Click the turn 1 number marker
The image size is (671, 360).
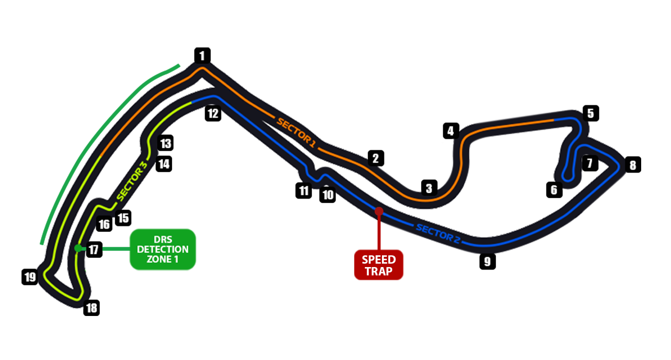(202, 55)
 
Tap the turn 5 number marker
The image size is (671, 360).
(590, 113)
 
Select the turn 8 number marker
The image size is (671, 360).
(632, 165)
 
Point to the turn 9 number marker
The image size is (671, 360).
(487, 261)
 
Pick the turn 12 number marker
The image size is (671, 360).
(213, 113)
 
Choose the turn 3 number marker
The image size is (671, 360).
(429, 187)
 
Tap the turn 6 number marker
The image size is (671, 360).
(554, 189)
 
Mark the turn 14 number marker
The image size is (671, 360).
(164, 164)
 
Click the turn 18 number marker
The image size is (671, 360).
(91, 308)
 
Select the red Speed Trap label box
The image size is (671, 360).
(379, 265)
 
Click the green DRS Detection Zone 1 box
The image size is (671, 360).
(162, 249)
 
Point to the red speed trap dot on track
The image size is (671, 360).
(379, 211)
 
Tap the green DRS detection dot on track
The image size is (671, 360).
(77, 248)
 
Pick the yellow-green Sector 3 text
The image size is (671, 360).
(133, 182)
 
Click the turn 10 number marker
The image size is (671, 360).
(328, 195)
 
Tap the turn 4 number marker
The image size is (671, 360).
(450, 131)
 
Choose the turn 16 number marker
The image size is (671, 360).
(104, 224)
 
